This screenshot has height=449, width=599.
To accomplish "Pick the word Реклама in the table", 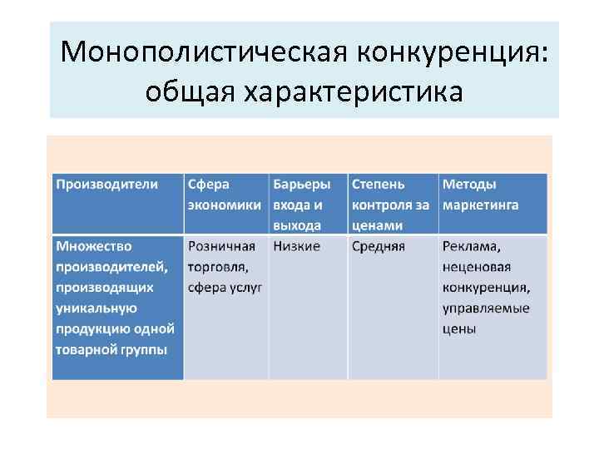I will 472,247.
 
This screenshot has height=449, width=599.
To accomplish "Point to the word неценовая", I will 477,267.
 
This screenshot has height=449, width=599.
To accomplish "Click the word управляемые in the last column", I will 486,308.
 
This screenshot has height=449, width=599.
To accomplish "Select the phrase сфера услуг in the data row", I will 225,287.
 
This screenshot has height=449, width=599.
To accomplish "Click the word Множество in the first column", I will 94,246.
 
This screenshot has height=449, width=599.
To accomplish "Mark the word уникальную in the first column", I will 96,308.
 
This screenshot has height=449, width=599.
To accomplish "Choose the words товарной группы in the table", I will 111,348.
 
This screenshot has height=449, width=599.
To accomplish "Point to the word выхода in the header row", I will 297,225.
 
